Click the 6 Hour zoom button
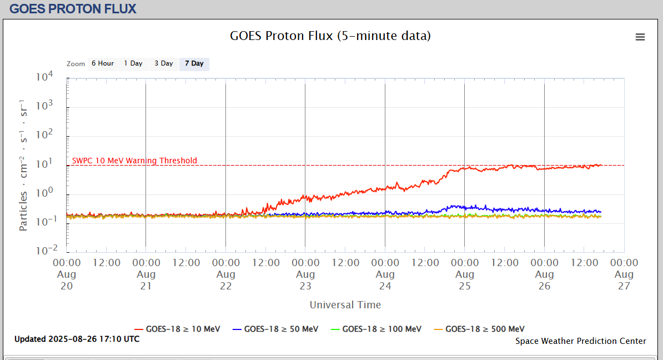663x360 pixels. pos(103,63)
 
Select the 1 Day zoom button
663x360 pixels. pos(133,63)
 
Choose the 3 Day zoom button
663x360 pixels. pos(164,63)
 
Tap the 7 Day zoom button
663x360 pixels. pos(194,63)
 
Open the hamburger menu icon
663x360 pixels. pos(640,37)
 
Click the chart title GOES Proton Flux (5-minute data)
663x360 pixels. pos(330,36)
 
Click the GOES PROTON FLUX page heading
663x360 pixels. pos(73,9)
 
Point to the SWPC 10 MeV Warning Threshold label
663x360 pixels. pos(134,161)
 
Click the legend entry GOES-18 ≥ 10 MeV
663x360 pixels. pos(178,329)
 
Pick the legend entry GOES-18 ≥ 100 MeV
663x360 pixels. pos(376,329)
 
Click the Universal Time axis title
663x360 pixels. pos(345,304)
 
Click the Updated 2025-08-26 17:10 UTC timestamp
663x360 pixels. pos(77,338)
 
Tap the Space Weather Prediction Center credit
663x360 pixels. pos(581,341)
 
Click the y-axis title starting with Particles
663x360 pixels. pos(23,166)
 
